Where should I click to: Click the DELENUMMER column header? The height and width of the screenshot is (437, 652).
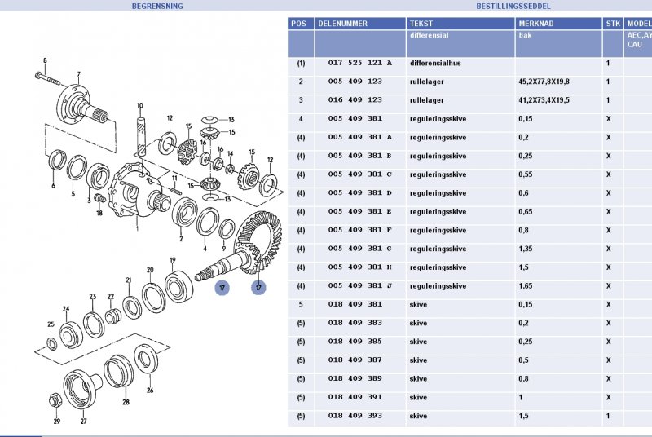[x=342, y=24]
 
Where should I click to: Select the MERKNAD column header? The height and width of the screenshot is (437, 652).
[x=536, y=24]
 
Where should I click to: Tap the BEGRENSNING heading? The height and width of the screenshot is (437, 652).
[x=157, y=6]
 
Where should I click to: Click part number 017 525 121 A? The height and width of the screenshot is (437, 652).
[x=359, y=63]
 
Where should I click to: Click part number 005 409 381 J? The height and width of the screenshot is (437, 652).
[x=359, y=286]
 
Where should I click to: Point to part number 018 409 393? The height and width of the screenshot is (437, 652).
[x=355, y=417]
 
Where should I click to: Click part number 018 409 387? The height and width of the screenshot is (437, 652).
[x=355, y=360]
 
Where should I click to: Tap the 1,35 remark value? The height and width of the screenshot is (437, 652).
[x=528, y=249]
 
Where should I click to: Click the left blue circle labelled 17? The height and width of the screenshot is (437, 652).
[x=222, y=287]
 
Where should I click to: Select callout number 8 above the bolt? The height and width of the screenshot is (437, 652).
[x=45, y=61]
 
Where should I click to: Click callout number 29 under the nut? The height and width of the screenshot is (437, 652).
[x=57, y=421]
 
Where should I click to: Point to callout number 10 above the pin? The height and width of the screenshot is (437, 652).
[x=140, y=105]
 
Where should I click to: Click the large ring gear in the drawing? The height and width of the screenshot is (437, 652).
[x=257, y=241]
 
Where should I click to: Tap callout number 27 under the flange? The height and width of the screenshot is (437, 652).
[x=83, y=421]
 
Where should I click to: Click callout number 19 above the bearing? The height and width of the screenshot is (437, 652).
[x=172, y=260]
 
